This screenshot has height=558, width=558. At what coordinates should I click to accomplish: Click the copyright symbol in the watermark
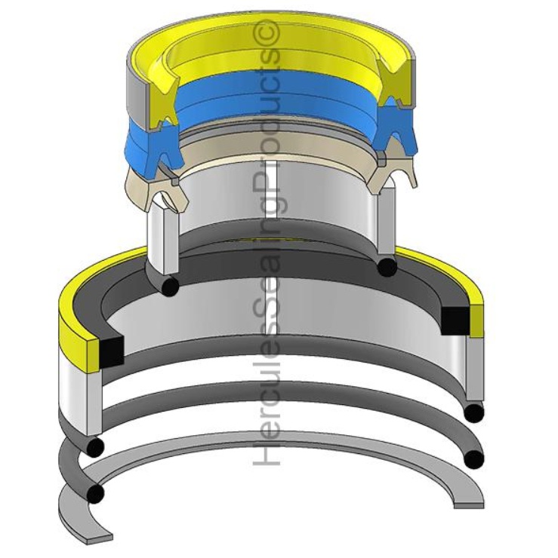[x=270, y=32]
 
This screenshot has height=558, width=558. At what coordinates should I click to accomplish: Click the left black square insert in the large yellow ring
[x=111, y=349]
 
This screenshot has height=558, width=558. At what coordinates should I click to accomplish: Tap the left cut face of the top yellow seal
[x=162, y=97]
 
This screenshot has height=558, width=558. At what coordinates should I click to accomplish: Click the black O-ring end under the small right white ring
[x=387, y=267]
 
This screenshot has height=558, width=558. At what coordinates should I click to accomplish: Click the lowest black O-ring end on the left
[x=95, y=494]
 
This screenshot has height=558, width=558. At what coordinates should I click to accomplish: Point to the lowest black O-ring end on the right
[x=473, y=458]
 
